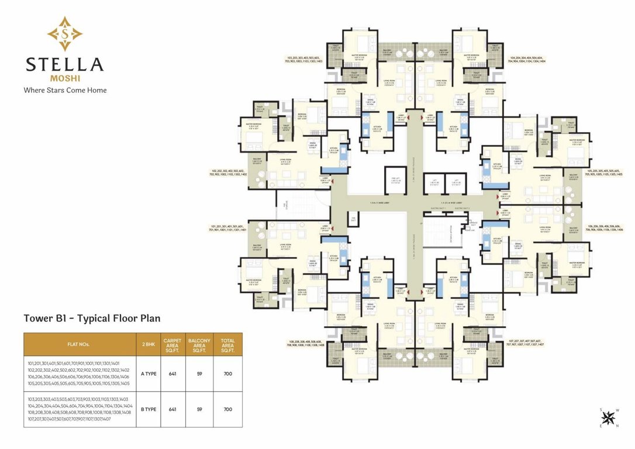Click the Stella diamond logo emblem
[x=64, y=33]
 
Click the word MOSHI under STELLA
[x=64, y=77]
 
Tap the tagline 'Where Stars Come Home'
[x=64, y=90]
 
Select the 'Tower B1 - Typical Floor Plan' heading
[x=92, y=319]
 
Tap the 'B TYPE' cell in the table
[x=149, y=409]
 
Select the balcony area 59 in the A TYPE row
[x=200, y=373]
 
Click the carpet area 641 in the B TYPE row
[x=172, y=409]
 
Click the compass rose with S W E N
[x=609, y=417]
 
